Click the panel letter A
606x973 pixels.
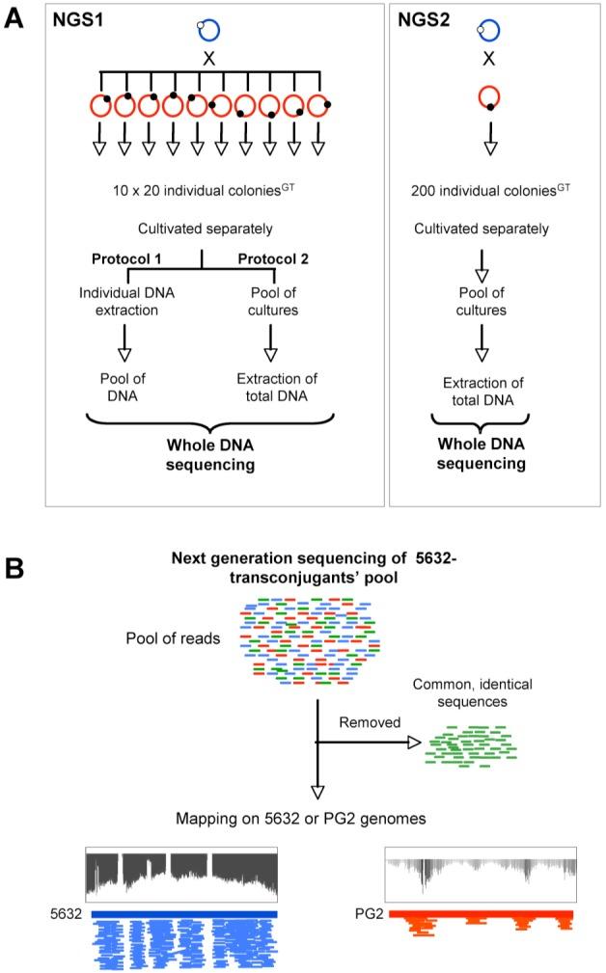click(x=16, y=20)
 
